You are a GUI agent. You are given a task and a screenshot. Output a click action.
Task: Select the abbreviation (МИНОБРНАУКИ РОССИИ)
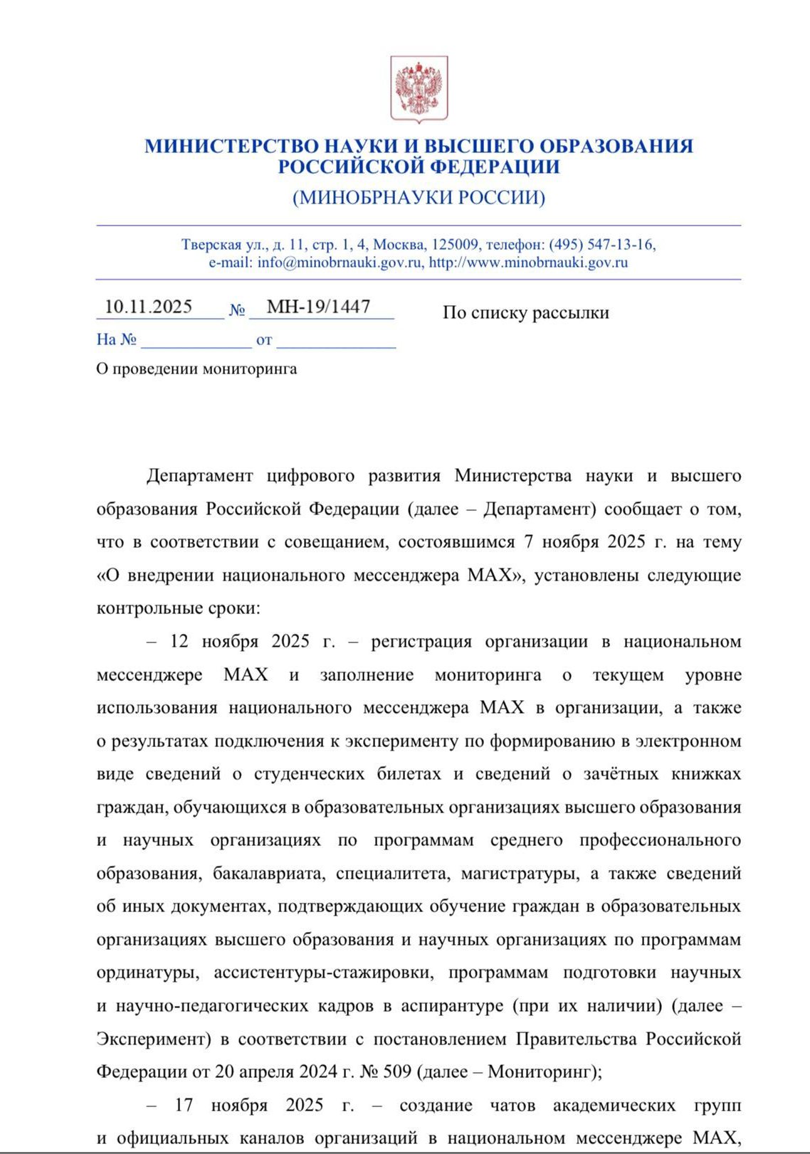(419, 197)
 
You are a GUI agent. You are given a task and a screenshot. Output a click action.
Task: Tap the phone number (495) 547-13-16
(601, 245)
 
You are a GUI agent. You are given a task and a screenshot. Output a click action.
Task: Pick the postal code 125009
(456, 245)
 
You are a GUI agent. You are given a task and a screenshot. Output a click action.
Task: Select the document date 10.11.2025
(148, 307)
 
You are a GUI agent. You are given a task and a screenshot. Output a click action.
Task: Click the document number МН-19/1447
(318, 307)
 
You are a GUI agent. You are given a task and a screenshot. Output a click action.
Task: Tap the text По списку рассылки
(525, 313)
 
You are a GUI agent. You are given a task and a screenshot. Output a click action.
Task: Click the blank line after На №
(196, 340)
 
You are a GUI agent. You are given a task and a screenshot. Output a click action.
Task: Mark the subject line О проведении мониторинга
(196, 369)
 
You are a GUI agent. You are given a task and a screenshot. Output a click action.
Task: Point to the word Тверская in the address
(211, 245)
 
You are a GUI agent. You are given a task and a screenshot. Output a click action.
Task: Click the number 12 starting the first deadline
(179, 642)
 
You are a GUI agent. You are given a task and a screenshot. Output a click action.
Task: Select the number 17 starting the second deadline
(184, 1106)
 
